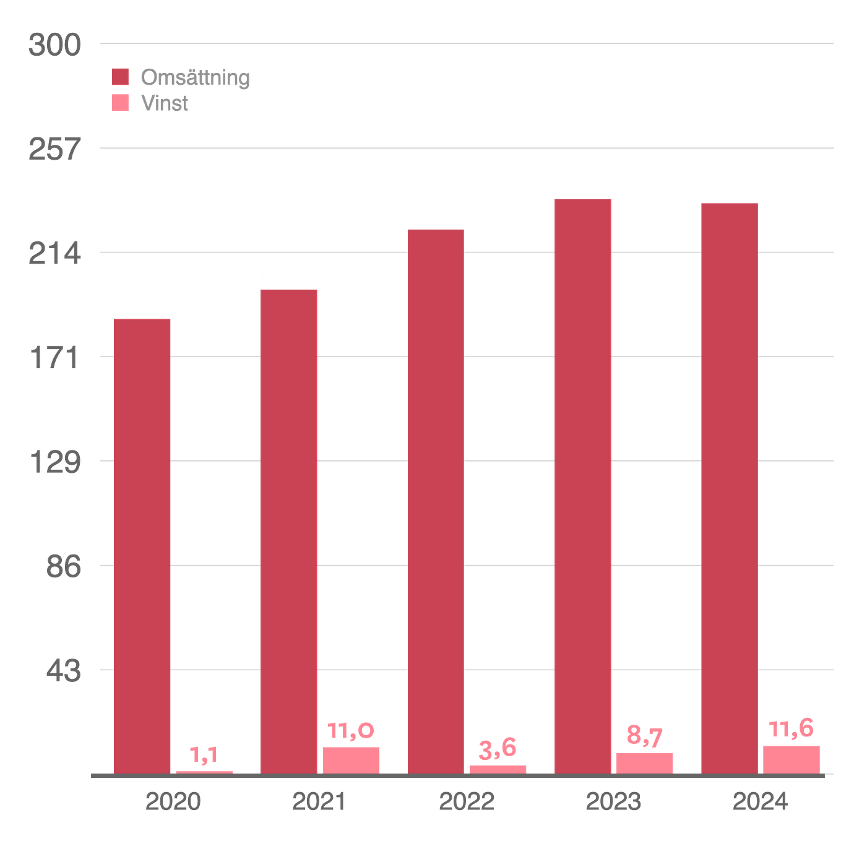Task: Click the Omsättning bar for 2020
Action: pyautogui.click(x=142, y=545)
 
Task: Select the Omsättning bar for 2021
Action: pyautogui.click(x=288, y=530)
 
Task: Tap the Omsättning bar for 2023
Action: pyautogui.click(x=582, y=485)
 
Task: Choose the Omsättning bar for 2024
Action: pyautogui.click(x=729, y=487)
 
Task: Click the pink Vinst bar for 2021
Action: pyautogui.click(x=350, y=759)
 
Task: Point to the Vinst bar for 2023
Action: pyautogui.click(x=644, y=762)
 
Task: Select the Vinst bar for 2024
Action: pyautogui.click(x=791, y=759)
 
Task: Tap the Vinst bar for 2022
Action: pyautogui.click(x=498, y=769)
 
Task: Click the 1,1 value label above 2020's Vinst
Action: pyautogui.click(x=204, y=755)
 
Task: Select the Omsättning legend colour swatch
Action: pyautogui.click(x=121, y=77)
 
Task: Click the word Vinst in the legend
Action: pyautogui.click(x=165, y=103)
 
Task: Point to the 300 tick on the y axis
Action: pyautogui.click(x=54, y=45)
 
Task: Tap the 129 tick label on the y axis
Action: pyautogui.click(x=55, y=462)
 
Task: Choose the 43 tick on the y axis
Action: pyautogui.click(x=63, y=670)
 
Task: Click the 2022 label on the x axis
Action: pyautogui.click(x=467, y=802)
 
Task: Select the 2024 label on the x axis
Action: pyautogui.click(x=760, y=802)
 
